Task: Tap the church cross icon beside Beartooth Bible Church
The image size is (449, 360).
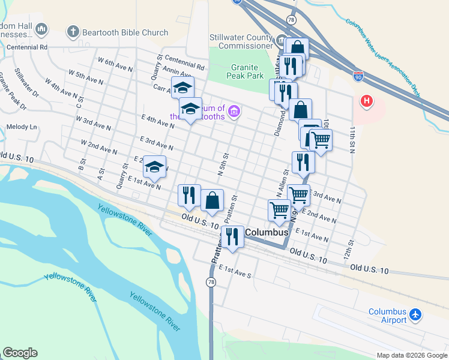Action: [73, 31]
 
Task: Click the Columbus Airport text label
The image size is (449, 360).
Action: [387, 316]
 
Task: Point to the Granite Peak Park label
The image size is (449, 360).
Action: [245, 72]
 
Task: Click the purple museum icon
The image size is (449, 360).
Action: [234, 111]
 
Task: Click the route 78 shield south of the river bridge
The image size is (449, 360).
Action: [211, 282]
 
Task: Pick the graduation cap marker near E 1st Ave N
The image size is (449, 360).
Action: [155, 167]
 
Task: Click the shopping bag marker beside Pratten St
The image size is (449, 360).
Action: [212, 200]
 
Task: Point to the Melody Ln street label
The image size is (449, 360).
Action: [22, 127]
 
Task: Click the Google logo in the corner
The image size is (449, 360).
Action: [20, 353]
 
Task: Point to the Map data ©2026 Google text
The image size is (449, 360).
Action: [411, 355]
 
